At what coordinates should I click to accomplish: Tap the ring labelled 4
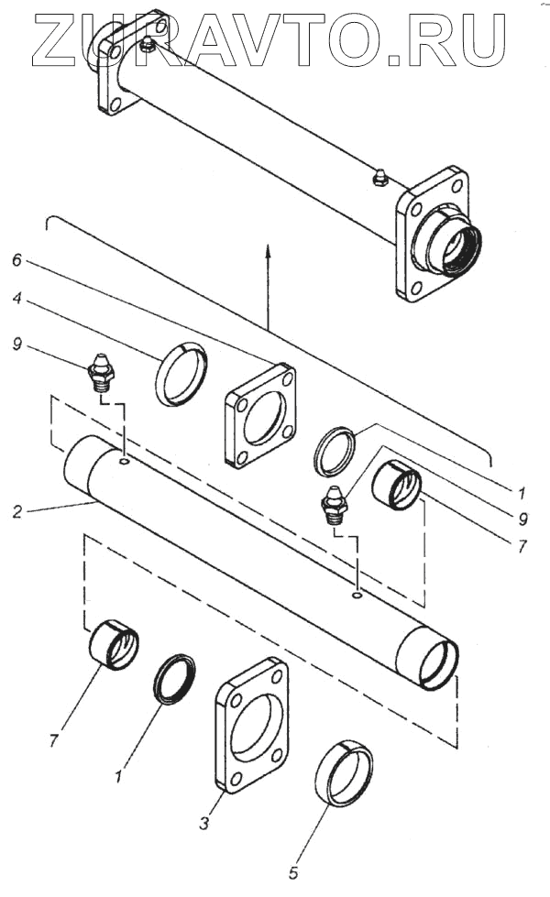(x=181, y=373)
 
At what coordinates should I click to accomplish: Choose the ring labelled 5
(x=344, y=774)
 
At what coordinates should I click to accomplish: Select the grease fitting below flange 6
(x=335, y=503)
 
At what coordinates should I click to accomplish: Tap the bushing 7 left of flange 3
(x=114, y=645)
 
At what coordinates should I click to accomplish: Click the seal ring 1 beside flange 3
(x=174, y=679)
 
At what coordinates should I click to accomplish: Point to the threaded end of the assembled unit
(x=448, y=240)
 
